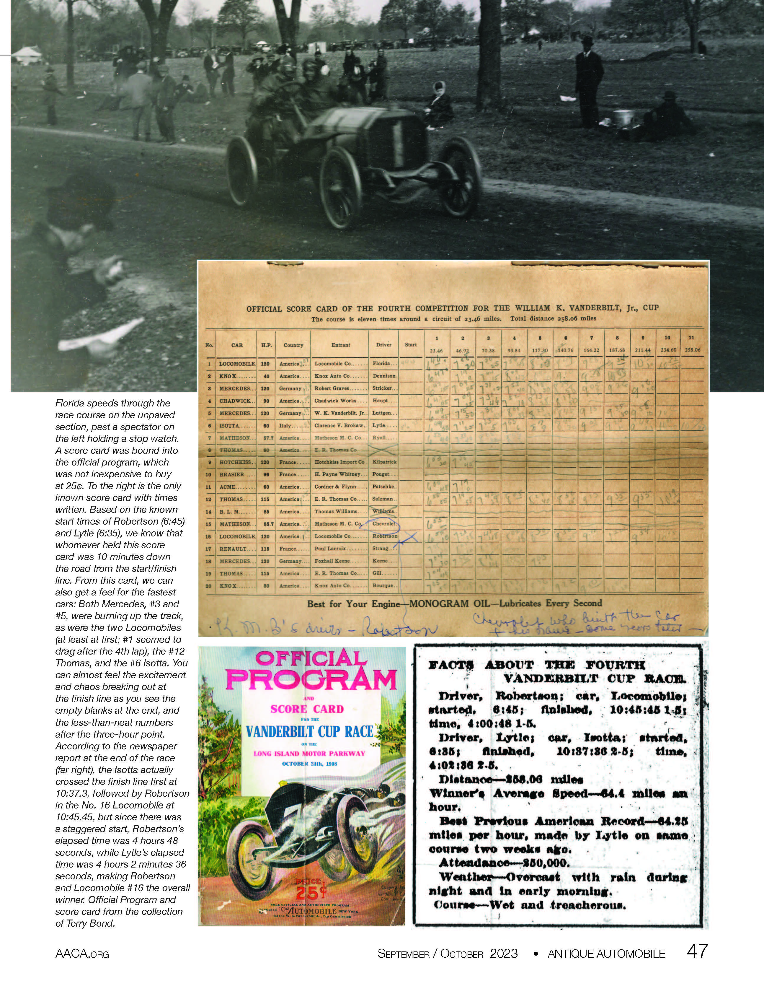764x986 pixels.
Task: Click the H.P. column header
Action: [x=266, y=345]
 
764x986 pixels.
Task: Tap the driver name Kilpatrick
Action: [x=384, y=462]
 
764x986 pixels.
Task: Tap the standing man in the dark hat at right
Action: [x=590, y=81]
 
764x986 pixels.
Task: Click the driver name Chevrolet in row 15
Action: [x=384, y=524]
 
